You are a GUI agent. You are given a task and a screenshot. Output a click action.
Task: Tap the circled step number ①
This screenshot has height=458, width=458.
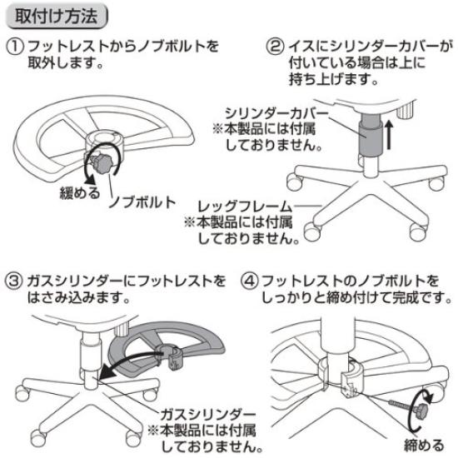pyautogui.click(x=15, y=45)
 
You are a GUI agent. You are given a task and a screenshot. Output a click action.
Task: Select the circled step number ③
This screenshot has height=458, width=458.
pyautogui.click(x=15, y=276)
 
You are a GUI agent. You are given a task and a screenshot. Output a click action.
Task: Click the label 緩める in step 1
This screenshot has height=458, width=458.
pyautogui.click(x=79, y=193)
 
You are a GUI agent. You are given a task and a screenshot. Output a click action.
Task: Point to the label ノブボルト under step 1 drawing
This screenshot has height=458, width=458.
pyautogui.click(x=142, y=202)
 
